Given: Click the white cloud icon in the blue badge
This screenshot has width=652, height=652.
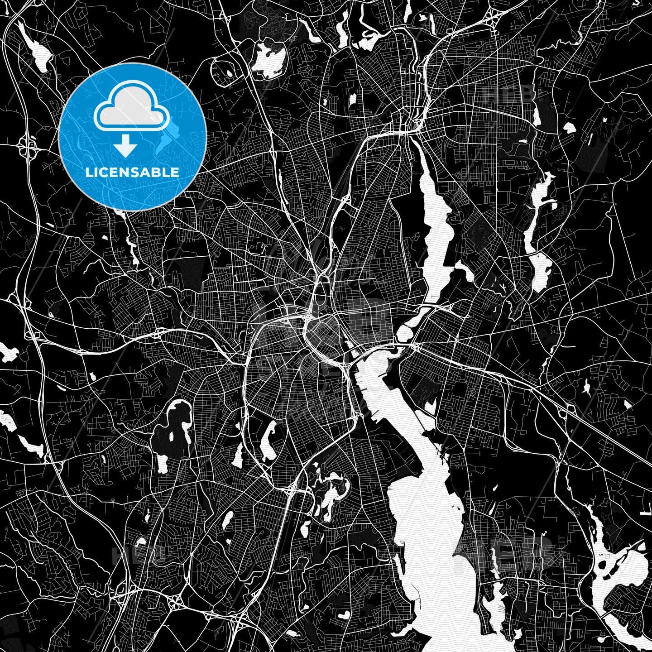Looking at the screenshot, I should tap(132, 107).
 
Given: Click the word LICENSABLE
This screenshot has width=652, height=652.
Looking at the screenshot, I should tap(132, 173).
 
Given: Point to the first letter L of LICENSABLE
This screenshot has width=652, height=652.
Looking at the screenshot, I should tap(88, 173).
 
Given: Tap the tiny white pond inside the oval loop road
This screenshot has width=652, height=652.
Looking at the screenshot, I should tap(229, 73).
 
